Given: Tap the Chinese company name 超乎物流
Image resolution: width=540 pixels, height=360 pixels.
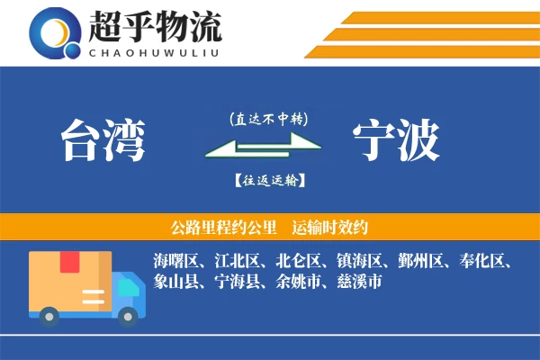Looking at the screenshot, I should click(x=155, y=26).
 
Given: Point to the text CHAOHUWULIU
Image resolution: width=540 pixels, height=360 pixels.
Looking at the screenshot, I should click(x=155, y=51).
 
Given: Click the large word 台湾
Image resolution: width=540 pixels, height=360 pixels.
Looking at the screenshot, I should click(x=103, y=140).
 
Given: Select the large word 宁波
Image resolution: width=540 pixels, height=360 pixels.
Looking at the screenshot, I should click(x=396, y=140).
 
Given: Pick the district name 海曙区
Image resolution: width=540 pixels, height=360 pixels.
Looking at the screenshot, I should click(x=175, y=262).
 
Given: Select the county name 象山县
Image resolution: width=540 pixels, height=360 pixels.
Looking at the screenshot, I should click(x=175, y=283).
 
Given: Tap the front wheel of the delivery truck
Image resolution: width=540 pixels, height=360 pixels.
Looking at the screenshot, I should click(x=128, y=314).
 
